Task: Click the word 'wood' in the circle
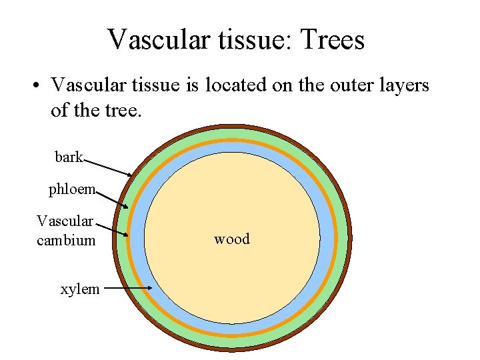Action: [231, 239]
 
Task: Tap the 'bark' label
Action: [69, 157]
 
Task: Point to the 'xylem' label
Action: [80, 289]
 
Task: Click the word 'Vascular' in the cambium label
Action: [65, 221]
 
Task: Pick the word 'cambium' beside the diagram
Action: [66, 240]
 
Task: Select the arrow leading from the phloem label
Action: [113, 199]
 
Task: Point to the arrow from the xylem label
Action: [129, 289]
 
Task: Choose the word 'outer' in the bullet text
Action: [353, 85]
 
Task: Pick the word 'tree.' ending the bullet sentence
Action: [123, 109]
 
